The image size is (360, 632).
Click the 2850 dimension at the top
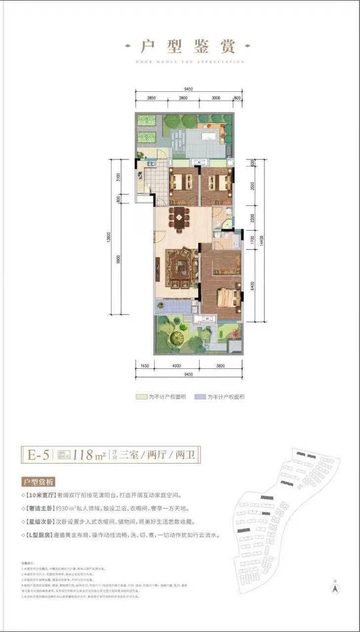click(x=151, y=98)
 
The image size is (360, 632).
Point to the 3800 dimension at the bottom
click(x=220, y=366)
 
